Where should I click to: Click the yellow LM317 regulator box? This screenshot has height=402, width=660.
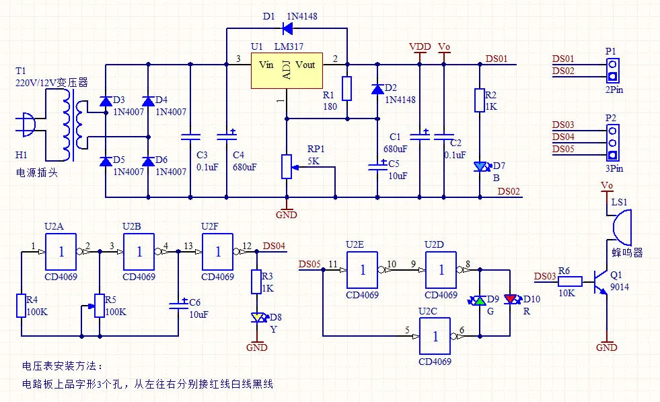click(287, 71)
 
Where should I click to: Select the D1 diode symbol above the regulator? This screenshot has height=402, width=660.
click(288, 29)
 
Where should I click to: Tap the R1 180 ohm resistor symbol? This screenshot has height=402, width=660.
click(347, 88)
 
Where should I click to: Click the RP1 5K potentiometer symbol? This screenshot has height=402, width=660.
click(287, 166)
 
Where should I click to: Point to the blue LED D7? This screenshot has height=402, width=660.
click(480, 167)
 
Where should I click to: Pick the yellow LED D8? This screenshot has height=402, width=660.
click(257, 317)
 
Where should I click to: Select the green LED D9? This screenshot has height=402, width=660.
click(480, 300)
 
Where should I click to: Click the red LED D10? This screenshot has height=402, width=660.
click(510, 299)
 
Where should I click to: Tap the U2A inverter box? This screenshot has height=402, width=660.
click(61, 252)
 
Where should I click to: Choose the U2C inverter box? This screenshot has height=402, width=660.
click(435, 336)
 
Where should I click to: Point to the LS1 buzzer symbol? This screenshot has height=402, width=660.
click(621, 228)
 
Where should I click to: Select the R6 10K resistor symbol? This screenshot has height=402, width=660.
click(570, 281)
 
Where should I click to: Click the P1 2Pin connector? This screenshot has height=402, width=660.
click(613, 71)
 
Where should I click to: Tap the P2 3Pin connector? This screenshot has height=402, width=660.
click(613, 143)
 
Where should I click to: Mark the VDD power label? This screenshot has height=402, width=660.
click(420, 46)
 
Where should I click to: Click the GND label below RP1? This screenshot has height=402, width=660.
click(287, 215)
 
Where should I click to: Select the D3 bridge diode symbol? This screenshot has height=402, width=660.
click(106, 101)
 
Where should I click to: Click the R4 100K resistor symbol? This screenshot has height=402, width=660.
click(22, 306)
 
